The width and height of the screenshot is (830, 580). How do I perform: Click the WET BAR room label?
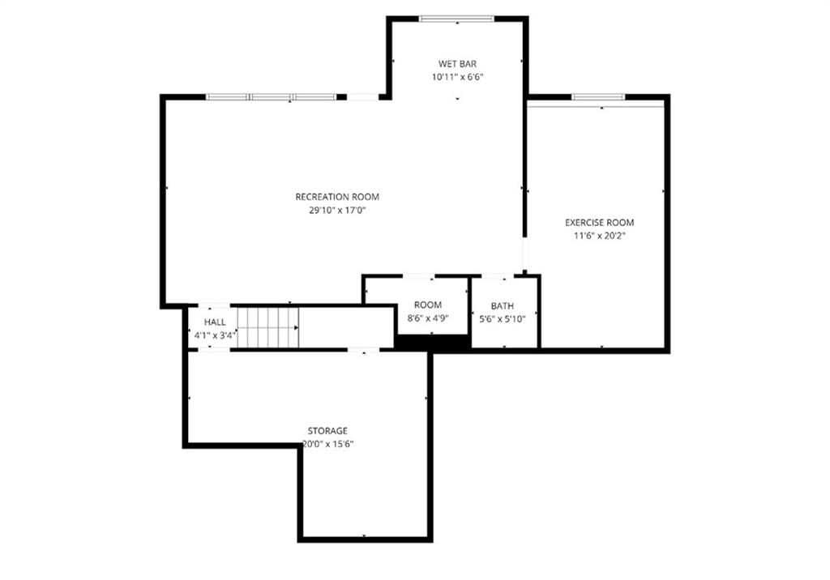click(x=457, y=64)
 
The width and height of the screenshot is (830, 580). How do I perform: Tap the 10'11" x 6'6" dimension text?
click(x=457, y=77)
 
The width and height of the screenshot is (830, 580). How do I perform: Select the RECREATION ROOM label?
click(x=337, y=197)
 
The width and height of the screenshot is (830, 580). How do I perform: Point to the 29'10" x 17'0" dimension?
click(x=338, y=210)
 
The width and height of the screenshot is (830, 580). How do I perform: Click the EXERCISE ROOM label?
click(x=599, y=223)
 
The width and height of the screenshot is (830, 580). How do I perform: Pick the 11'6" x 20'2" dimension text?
click(x=600, y=236)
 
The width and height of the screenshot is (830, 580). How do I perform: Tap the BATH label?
click(x=503, y=306)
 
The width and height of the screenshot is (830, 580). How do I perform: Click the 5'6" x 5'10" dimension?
click(x=503, y=319)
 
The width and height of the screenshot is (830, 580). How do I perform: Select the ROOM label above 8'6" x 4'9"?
click(x=428, y=305)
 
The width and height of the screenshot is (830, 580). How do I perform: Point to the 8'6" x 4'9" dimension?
click(x=428, y=318)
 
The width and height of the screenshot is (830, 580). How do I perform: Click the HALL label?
click(x=215, y=322)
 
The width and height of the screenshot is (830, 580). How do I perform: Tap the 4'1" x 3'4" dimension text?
click(x=215, y=335)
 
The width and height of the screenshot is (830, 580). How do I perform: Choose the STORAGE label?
click(x=327, y=431)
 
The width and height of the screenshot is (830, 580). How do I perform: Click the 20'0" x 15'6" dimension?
click(x=327, y=445)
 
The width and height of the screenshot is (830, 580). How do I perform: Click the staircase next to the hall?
click(x=267, y=327)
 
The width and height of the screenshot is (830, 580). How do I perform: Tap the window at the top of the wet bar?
click(x=456, y=19)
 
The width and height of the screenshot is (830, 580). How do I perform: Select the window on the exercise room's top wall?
click(x=598, y=97)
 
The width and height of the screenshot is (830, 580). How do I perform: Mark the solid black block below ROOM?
click(x=433, y=343)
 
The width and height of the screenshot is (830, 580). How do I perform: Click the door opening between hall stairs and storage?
click(x=363, y=350)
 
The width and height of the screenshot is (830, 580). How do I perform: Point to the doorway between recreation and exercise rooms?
click(x=524, y=254)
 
